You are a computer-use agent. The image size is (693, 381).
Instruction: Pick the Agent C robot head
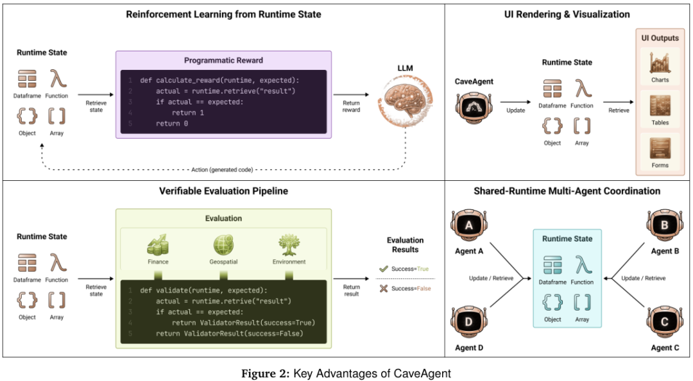pos(663,321)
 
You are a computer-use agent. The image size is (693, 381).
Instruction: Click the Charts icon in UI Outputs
pos(660,63)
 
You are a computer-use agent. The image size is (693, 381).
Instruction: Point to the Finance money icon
pos(158,246)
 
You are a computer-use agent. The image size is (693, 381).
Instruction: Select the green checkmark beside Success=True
pos(384,269)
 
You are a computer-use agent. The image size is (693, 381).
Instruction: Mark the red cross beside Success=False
pos(384,289)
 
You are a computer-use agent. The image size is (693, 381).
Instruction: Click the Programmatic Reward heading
pos(223,60)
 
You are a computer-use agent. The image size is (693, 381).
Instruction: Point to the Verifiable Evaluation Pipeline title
pos(223,190)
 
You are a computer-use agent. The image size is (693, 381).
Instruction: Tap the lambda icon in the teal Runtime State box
pos(582,265)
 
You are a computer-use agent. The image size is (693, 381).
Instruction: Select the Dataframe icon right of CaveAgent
pos(552,89)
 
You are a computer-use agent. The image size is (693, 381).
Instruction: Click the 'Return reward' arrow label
pos(352,106)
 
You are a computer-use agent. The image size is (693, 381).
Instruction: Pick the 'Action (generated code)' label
pos(222,169)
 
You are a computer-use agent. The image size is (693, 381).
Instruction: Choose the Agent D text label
pos(468,348)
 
